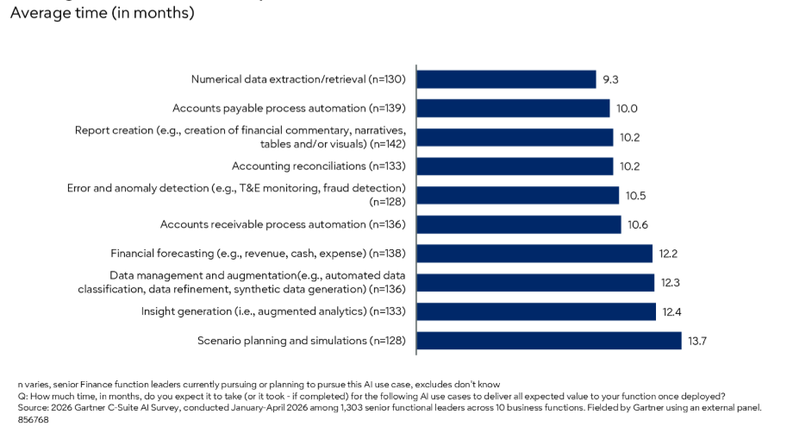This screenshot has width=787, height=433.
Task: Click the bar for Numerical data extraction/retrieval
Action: click(x=507, y=79)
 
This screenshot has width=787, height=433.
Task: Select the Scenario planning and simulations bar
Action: click(x=549, y=341)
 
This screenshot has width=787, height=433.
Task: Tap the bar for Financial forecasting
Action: click(x=534, y=254)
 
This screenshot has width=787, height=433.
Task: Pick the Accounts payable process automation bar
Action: click(x=513, y=109)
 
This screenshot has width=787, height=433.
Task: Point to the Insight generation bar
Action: click(x=536, y=311)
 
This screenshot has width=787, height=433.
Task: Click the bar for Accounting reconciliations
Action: click(x=515, y=166)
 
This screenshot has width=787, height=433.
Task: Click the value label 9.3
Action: click(x=610, y=79)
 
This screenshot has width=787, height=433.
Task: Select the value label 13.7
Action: click(x=697, y=341)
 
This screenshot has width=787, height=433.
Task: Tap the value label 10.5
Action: click(x=635, y=196)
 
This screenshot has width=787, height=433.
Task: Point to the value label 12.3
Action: click(x=670, y=283)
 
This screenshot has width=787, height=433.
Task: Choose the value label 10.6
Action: click(x=637, y=224)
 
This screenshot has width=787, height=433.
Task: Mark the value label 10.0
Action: click(x=627, y=109)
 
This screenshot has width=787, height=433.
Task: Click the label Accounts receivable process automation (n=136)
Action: click(x=283, y=224)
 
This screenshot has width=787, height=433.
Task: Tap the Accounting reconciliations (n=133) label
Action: click(x=319, y=166)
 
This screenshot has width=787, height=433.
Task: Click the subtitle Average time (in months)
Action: click(x=103, y=13)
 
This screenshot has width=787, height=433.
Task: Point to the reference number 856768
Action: click(x=33, y=420)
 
